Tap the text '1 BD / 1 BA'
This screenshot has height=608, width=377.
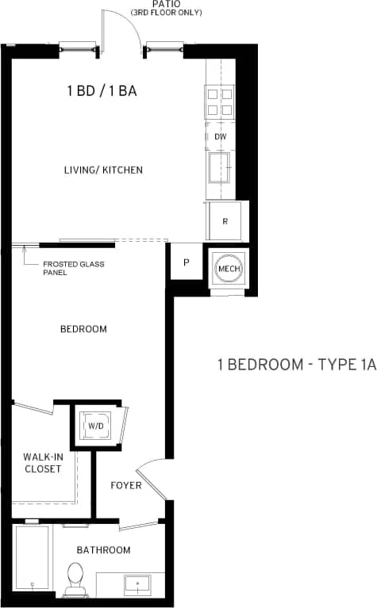pos(102,91)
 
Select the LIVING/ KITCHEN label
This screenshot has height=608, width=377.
pos(104,170)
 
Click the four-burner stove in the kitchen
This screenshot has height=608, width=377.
pos(221,101)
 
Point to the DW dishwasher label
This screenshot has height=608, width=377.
pos(221,136)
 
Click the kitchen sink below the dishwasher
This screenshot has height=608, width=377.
pos(220,167)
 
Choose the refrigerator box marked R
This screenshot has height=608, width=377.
pos(225,221)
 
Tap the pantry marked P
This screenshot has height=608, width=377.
pos(186,262)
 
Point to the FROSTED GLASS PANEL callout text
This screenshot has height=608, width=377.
pos(74,268)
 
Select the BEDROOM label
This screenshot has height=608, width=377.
pos(83,329)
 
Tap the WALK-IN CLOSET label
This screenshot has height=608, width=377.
pos(42,463)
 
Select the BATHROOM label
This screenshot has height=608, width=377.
pos(103,549)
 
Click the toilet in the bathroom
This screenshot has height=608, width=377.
pos(75,577)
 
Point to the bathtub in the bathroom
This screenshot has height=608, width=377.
pos(33,560)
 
